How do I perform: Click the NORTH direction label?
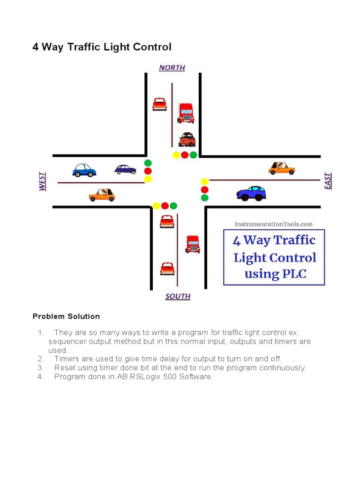point(172,67)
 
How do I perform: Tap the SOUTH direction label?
point(178,296)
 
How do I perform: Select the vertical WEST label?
point(42,181)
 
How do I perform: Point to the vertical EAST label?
point(328,181)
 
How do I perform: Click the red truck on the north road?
point(186,113)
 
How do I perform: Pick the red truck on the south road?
point(193,244)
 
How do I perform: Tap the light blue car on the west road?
point(84,170)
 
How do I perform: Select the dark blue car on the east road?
point(251,193)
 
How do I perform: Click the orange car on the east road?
point(282,168)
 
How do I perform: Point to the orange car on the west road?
point(102,195)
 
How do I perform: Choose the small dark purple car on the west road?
point(125,169)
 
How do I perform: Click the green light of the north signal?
point(193,155)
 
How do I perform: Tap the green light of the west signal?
point(148,163)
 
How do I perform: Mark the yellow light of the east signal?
point(204,182)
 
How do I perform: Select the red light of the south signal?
point(165,206)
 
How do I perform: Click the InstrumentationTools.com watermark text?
point(273,224)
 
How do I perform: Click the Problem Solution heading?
point(66,316)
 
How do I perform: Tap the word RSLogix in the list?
point(149,377)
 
